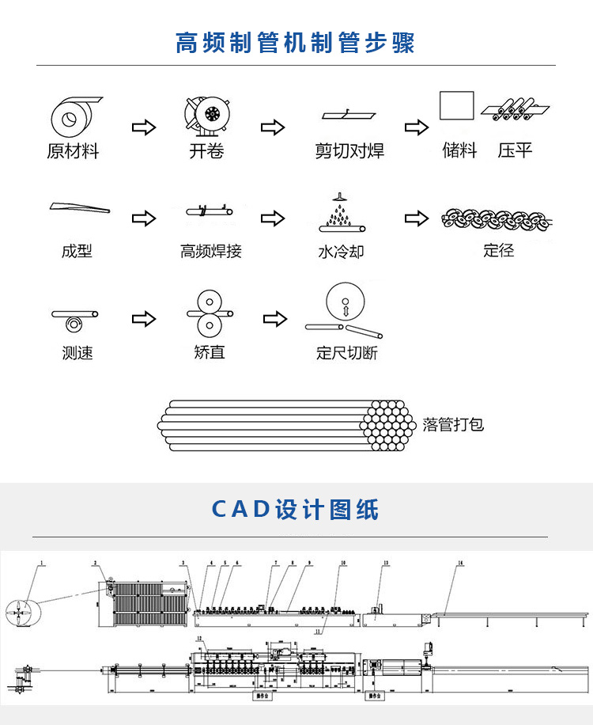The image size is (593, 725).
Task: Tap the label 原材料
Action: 73,151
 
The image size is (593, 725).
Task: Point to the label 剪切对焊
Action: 349,151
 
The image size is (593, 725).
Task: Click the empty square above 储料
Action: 456,105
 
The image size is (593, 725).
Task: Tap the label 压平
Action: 515,150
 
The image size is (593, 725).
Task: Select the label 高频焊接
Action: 210,252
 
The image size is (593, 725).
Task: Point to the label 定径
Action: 499,250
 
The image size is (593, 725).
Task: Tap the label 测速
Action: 77,353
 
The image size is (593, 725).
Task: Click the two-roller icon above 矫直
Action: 209,313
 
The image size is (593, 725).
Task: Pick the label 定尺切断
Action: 347,353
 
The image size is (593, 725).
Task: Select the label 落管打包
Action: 453,424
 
